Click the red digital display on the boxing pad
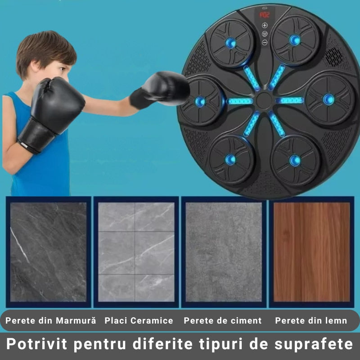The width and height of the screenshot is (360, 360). coord(264,14)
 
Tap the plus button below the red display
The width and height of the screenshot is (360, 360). coord(265,25)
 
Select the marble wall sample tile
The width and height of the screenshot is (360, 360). coord(48,252)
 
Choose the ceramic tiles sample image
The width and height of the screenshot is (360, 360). coord(136,252)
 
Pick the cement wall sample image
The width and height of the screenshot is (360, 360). coord(224,252)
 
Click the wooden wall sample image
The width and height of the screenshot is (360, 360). coord(311,252)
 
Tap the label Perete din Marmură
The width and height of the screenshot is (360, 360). coord(51,321)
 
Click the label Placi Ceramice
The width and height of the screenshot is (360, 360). coord(139,321)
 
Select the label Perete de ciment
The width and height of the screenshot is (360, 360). coord(223,321)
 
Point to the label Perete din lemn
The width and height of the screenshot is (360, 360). coord(311,321)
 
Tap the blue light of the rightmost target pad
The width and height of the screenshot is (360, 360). coord(328,99)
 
